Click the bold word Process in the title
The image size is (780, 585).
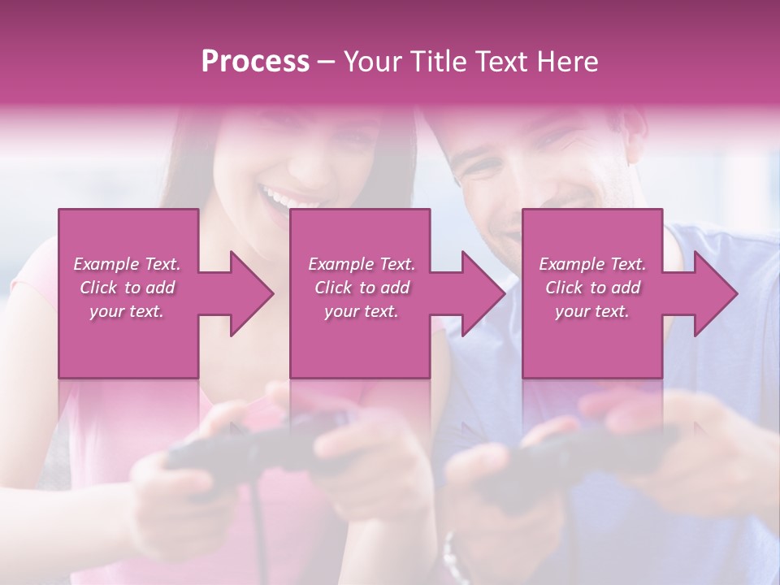point(255,62)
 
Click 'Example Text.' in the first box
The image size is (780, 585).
point(128,264)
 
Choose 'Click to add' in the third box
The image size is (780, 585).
point(592,288)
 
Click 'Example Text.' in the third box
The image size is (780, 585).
point(592,264)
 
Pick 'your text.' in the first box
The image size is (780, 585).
point(128,311)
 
